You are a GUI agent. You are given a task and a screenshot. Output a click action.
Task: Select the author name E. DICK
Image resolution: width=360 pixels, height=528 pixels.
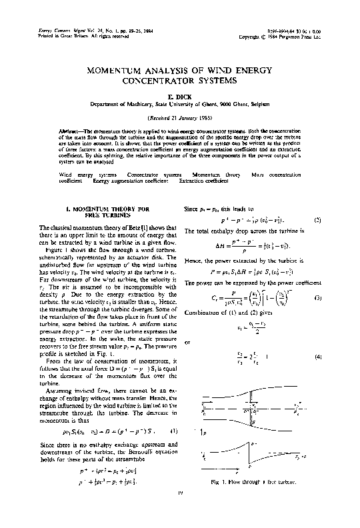[x=180, y=95]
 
